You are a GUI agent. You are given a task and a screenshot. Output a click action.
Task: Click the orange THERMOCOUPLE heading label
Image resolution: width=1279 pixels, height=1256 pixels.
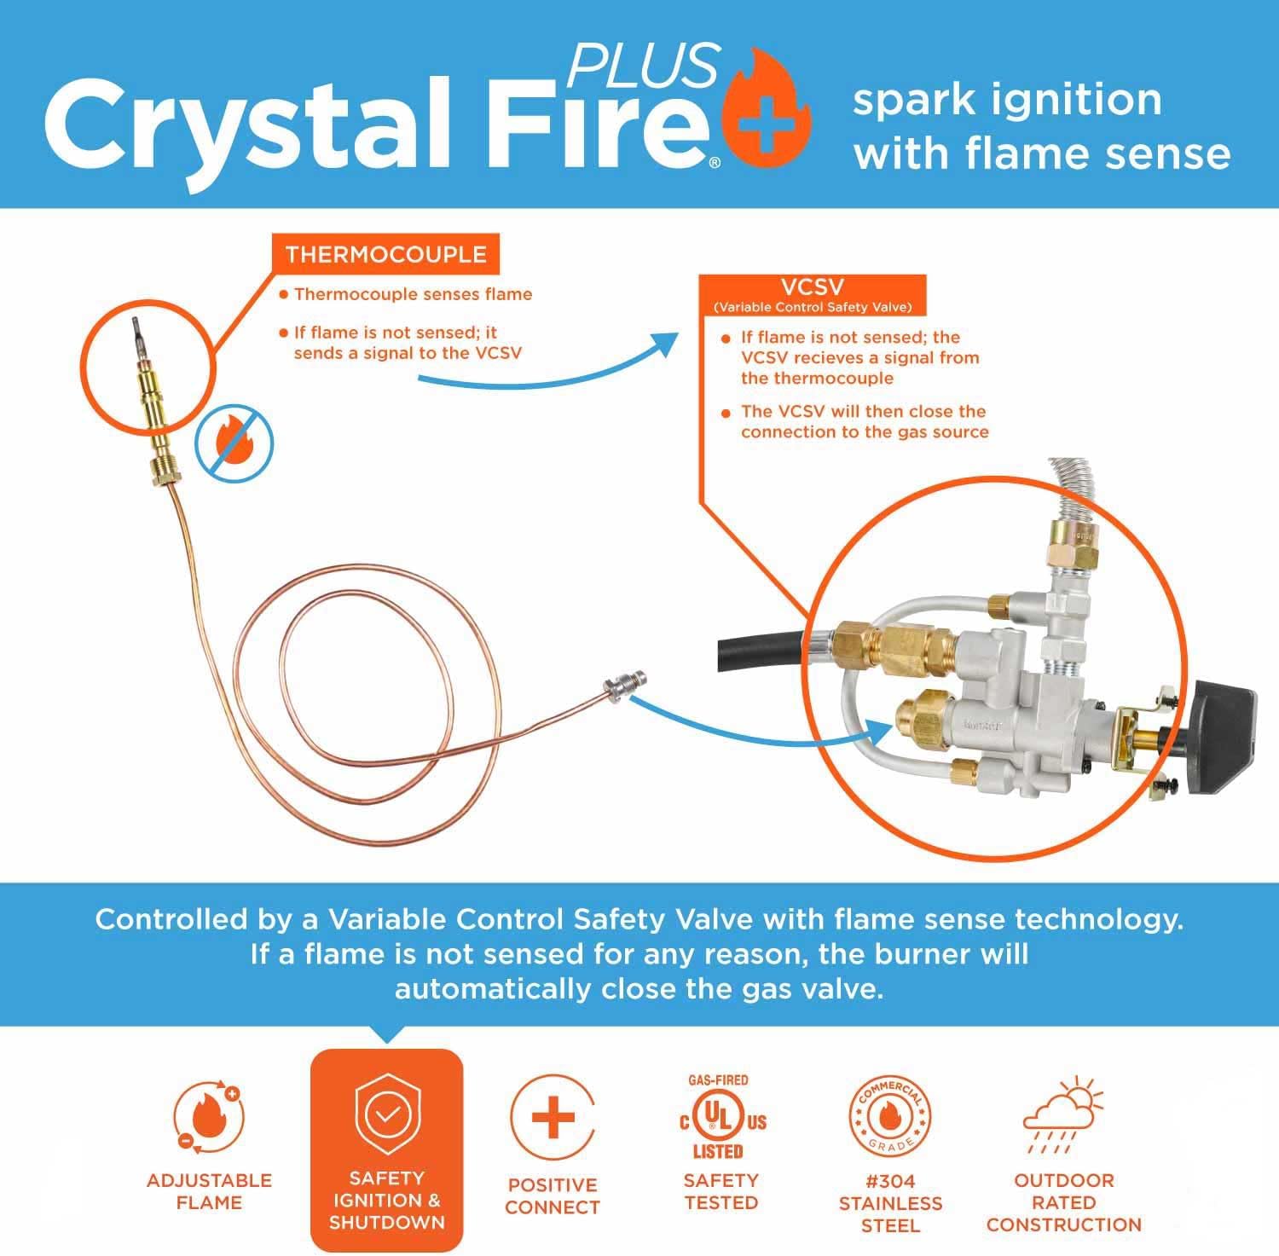(x=385, y=255)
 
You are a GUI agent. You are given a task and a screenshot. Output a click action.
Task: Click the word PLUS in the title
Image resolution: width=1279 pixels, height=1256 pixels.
(x=644, y=64)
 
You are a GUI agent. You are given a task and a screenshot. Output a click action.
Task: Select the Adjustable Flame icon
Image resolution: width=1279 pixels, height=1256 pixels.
(x=208, y=1117)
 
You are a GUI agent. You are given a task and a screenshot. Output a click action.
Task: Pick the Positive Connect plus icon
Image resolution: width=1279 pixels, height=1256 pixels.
(x=553, y=1117)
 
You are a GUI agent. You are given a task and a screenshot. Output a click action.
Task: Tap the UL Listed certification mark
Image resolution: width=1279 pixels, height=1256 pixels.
(x=721, y=1120)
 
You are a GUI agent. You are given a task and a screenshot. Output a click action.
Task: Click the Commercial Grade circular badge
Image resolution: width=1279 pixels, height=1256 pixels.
(x=889, y=1117)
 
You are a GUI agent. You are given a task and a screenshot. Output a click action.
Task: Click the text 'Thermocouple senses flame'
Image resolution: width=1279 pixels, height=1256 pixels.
(x=413, y=295)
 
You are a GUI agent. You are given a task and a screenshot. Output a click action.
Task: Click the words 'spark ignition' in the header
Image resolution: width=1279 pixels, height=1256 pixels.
(x=1007, y=101)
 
